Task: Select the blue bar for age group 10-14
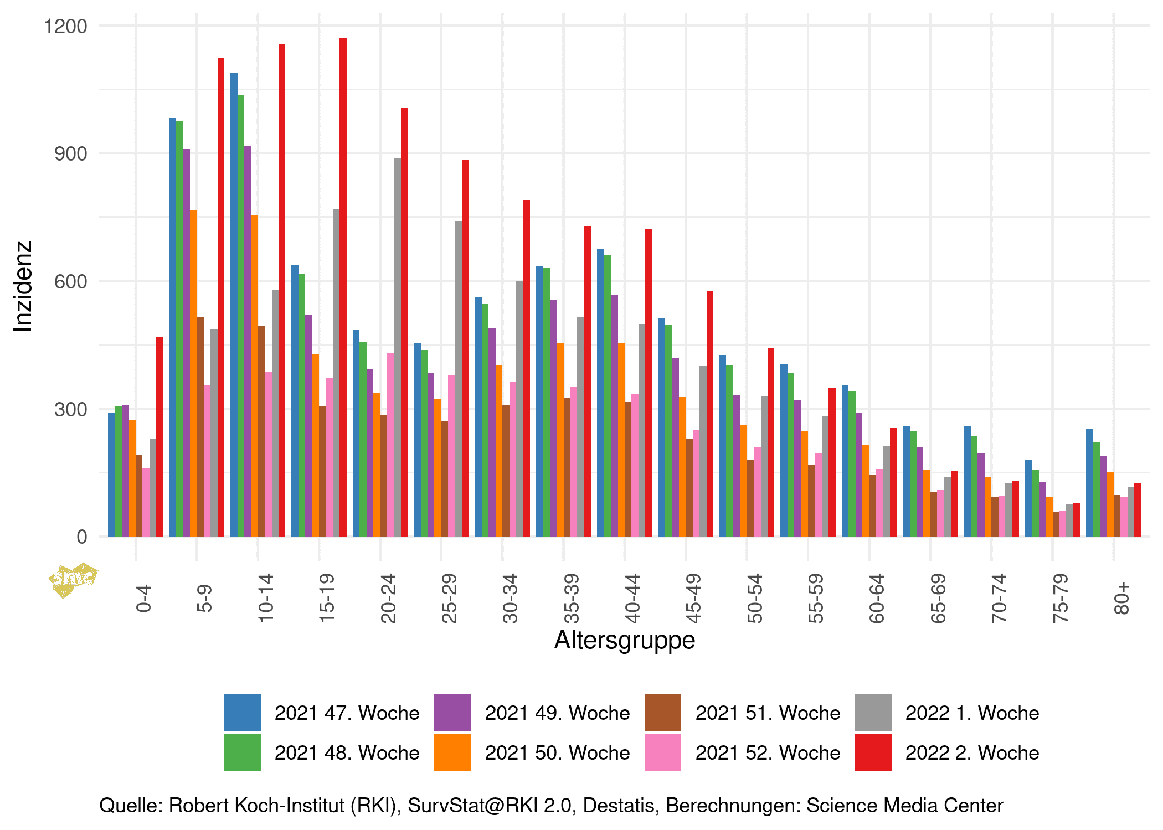[x=234, y=305]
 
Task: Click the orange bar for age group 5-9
[x=193, y=373]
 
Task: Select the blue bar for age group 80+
[x=1089, y=482]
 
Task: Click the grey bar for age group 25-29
[x=459, y=379]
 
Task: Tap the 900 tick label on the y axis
[x=71, y=154]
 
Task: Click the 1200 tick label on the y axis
[x=66, y=26]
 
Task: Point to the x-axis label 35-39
[x=571, y=599]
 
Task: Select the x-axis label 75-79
[x=1060, y=599]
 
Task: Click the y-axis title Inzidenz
[x=23, y=286]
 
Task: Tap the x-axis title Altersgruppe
[x=625, y=640]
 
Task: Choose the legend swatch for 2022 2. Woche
[x=873, y=752]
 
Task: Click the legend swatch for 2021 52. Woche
[x=663, y=752]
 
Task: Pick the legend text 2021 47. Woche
[x=347, y=713]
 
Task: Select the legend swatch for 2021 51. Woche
[x=663, y=713]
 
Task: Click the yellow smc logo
[x=73, y=579]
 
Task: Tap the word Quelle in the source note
[x=131, y=806]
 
